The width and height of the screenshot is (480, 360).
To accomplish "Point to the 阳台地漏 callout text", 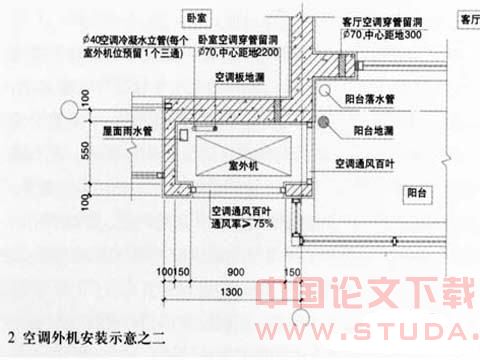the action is click(378, 130).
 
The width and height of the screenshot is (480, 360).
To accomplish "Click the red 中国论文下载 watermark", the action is click(359, 295).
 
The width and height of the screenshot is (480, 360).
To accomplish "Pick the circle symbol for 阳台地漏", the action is click(324, 123).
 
